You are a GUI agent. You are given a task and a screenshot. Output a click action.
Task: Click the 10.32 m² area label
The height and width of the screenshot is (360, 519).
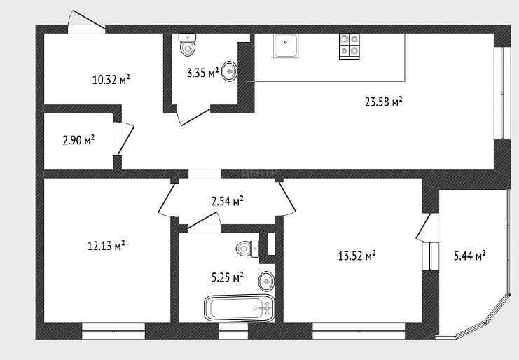coord(111,80)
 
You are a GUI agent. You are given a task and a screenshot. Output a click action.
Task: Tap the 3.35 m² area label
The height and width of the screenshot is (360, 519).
coord(203,72)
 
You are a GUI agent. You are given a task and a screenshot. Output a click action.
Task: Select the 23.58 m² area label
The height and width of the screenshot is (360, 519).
coord(384,102)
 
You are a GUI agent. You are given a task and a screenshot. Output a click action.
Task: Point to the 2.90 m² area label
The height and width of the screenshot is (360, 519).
coord(78,140)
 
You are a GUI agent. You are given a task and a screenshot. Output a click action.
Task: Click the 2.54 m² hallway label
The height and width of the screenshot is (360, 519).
coord(228,201)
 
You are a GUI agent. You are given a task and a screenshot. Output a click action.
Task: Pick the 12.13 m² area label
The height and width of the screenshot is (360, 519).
coord(106,246)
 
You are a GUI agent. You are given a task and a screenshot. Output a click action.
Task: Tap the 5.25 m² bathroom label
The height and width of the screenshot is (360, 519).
coord(228,277)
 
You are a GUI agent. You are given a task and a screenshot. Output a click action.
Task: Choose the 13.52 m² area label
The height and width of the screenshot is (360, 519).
coord(357,256)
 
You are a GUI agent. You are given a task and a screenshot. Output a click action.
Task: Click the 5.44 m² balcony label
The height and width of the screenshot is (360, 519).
coord(470,256)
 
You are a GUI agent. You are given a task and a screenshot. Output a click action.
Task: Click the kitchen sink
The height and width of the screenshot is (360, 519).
coord(286,46)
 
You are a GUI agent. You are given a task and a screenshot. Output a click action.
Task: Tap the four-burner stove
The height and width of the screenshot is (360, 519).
coord(350,46)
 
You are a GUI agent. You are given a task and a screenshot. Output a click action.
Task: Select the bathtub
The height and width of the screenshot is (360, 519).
coord(240,308)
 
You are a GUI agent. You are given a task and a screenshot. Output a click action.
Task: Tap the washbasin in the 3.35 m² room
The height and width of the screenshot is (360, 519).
coord(229,71)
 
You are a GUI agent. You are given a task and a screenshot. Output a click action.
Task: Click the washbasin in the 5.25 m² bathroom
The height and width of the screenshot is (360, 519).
coord(266,282)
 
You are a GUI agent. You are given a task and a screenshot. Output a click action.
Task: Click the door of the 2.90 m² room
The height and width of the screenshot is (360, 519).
coord(124,139)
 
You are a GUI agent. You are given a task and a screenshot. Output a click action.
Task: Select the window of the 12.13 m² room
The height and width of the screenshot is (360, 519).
coord(113,331)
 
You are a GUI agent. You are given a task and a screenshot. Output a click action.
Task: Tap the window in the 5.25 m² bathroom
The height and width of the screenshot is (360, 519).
coord(233,331)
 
